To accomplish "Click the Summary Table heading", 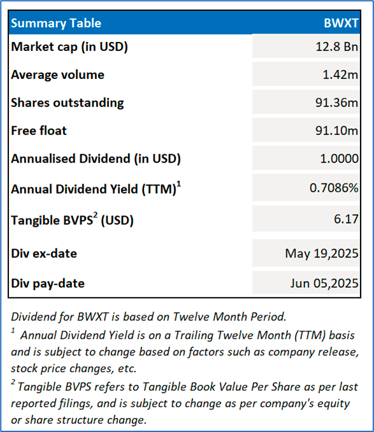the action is [56, 24].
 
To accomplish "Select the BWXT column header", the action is [341, 23].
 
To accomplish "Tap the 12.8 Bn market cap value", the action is [336, 47].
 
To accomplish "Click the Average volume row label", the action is [57, 75].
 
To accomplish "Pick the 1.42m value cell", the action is [340, 75].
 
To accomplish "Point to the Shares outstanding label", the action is [68, 103].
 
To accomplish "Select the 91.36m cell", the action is [336, 103].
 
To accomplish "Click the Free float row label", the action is [39, 131].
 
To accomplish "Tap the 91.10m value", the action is [336, 131].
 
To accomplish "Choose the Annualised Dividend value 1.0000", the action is [339, 159].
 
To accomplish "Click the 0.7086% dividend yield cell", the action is [334, 188].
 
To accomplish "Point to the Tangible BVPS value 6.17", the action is [346, 219].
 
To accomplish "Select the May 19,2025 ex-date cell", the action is [322, 254].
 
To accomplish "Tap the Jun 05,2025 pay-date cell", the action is [324, 284].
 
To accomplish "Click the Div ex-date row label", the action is [44, 254].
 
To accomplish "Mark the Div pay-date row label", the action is [48, 284].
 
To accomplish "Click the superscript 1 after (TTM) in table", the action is [179, 184].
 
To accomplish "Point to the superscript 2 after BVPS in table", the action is [96, 215].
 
